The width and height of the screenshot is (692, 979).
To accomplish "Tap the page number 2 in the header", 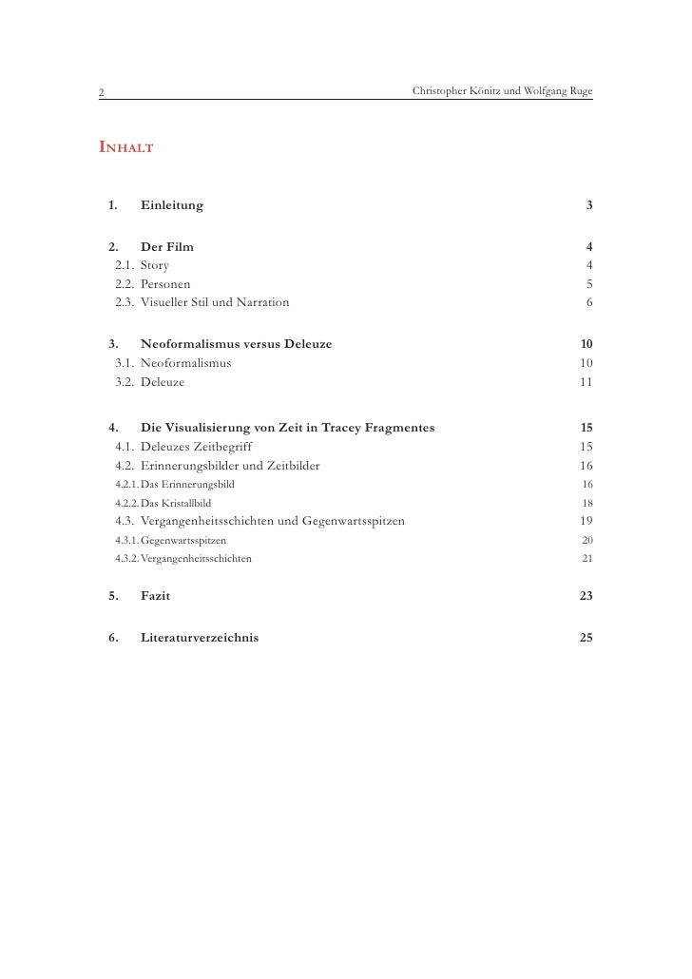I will pyautogui.click(x=100, y=92).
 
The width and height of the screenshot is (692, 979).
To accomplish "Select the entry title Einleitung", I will pyautogui.click(x=171, y=205).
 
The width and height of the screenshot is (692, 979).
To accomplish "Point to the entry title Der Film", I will pyautogui.click(x=167, y=247).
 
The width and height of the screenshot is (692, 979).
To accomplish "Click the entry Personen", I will pyautogui.click(x=165, y=283).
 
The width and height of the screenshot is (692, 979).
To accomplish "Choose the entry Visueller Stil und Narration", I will pyautogui.click(x=215, y=302).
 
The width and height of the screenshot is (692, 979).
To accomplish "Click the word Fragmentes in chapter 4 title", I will pyautogui.click(x=394, y=427).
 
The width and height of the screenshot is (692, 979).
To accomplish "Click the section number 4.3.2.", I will pyautogui.click(x=121, y=558).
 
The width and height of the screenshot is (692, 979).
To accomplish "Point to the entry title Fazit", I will pyautogui.click(x=156, y=596).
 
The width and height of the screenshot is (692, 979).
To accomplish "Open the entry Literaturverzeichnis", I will pyautogui.click(x=199, y=638).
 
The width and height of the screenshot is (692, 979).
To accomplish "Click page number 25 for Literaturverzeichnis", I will pyautogui.click(x=586, y=638).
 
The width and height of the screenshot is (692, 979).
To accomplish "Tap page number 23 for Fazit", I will pyautogui.click(x=586, y=596).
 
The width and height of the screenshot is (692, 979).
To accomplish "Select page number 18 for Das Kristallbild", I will pyautogui.click(x=587, y=502).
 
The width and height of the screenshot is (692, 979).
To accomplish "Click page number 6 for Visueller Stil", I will pyautogui.click(x=589, y=302).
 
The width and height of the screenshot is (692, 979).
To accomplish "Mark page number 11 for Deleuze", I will pyautogui.click(x=586, y=382).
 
